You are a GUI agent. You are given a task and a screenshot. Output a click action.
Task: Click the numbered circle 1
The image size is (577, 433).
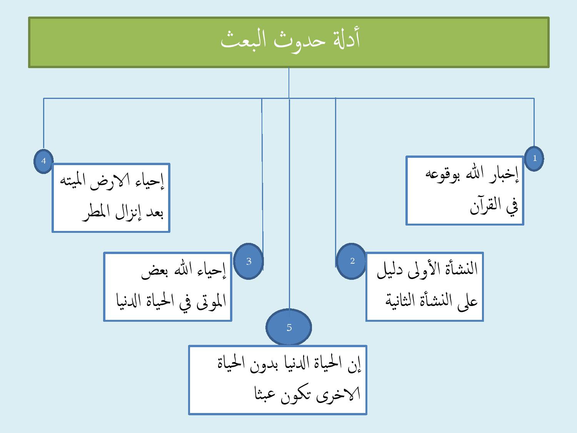[x=534, y=158]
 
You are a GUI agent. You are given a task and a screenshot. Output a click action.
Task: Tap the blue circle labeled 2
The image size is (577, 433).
[x=352, y=261]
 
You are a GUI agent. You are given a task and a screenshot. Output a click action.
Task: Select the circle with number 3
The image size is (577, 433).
[x=248, y=261]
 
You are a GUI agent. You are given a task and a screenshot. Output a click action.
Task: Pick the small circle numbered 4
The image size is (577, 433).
[x=43, y=161]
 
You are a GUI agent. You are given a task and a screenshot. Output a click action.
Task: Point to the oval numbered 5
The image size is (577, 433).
[x=289, y=328]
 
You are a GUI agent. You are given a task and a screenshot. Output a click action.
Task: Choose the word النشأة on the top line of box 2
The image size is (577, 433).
[x=459, y=269]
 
